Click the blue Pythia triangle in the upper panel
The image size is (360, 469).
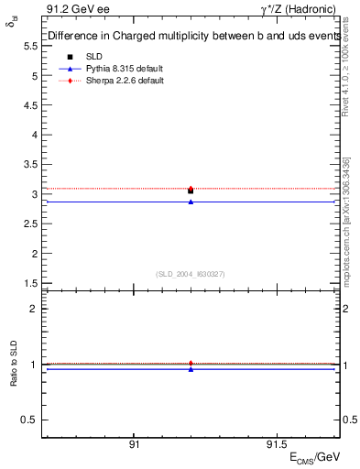coord(191,202)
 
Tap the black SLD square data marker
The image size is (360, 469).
coord(191,191)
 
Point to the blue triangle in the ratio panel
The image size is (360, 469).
coord(191,369)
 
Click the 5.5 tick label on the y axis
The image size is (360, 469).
coord(30,74)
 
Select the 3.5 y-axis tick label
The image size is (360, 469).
coord(30,164)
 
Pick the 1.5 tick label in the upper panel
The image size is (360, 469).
coord(30,283)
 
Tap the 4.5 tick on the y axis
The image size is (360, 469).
coord(30,104)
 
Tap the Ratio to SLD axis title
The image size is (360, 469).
coord(14,365)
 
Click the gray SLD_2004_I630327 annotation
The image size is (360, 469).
coord(191,274)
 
